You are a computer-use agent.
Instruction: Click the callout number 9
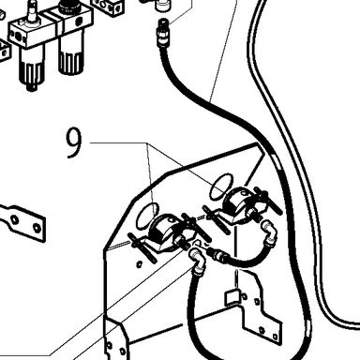(x=74, y=143)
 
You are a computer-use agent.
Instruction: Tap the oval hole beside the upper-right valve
(x=221, y=187)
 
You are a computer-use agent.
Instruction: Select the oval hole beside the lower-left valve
(x=147, y=216)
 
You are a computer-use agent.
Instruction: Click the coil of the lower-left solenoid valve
(x=160, y=232)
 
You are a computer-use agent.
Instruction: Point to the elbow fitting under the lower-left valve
(x=198, y=260)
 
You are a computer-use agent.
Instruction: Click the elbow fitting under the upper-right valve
(x=269, y=232)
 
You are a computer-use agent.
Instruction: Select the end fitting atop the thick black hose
(x=162, y=32)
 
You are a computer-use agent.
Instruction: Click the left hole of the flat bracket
(x=14, y=219)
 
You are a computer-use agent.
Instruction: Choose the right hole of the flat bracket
(x=37, y=228)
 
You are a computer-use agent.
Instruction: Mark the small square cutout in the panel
(x=232, y=297)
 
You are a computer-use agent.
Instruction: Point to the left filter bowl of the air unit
(x=30, y=67)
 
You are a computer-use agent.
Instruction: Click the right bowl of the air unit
(x=71, y=58)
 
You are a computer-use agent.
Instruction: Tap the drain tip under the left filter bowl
(x=31, y=87)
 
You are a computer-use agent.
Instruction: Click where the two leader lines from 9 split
(x=147, y=143)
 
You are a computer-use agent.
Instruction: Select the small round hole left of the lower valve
(x=139, y=265)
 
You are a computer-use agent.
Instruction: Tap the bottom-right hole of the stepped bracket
(x=276, y=337)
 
